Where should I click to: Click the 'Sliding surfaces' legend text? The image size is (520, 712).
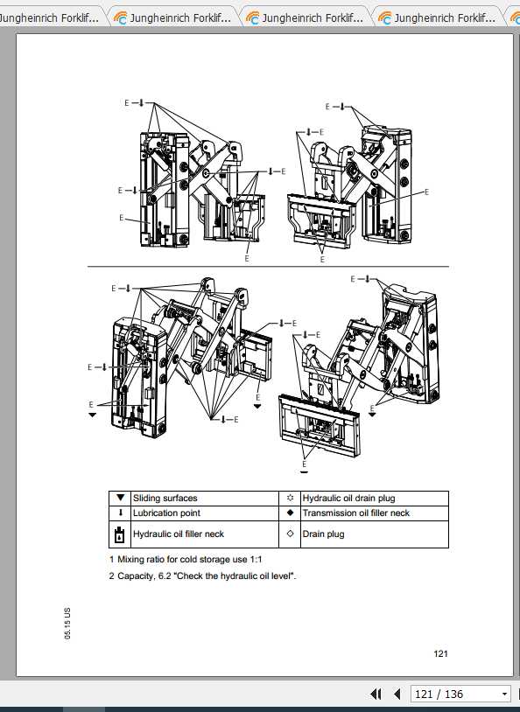(x=165, y=498)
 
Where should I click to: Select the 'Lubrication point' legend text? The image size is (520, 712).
(x=166, y=513)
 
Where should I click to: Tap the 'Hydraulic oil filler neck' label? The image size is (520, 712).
(x=179, y=534)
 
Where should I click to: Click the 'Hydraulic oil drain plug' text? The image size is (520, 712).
(x=348, y=498)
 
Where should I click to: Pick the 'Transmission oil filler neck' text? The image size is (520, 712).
(x=355, y=513)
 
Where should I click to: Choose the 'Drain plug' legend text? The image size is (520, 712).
(x=323, y=534)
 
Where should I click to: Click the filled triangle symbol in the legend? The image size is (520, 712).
(x=120, y=498)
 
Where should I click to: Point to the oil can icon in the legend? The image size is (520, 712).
(x=120, y=534)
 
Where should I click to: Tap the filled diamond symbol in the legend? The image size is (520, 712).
(x=290, y=513)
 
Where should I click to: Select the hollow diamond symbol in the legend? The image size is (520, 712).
(x=290, y=534)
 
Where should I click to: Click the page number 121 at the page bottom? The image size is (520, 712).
(x=440, y=653)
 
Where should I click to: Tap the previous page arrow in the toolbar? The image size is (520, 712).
(x=397, y=695)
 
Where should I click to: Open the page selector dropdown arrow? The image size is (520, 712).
(x=504, y=695)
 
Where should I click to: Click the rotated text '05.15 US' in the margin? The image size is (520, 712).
(x=67, y=622)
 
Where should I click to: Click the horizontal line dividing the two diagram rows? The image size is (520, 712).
(x=267, y=266)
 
